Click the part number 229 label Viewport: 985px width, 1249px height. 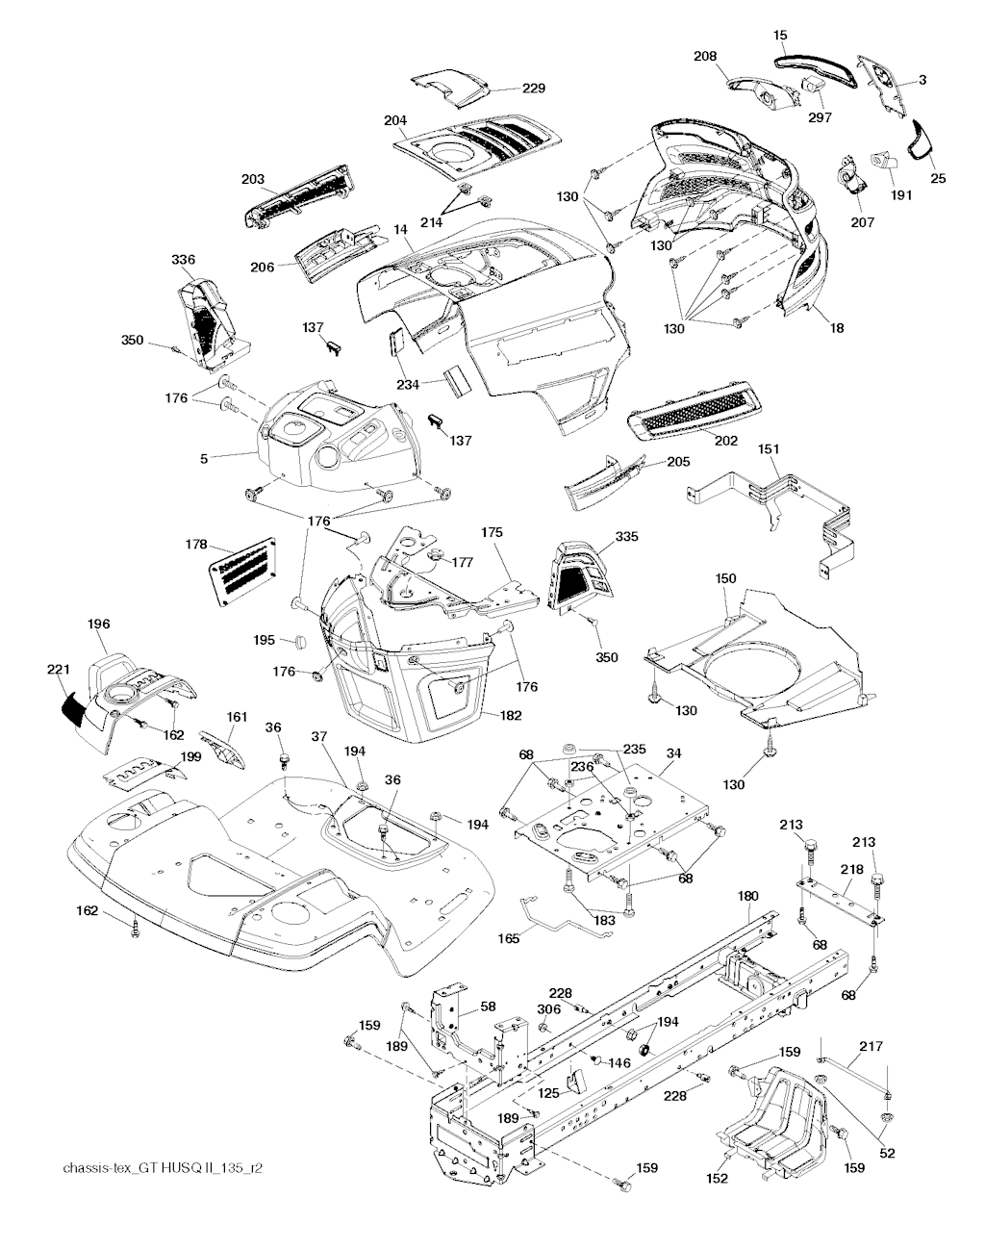534,89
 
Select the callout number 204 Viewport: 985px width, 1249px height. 394,120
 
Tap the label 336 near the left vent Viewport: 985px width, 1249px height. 183,260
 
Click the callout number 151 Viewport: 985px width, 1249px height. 769,449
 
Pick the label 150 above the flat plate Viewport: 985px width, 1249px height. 725,578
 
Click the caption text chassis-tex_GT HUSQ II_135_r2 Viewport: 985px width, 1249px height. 163,1168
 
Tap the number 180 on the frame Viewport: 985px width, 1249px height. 748,896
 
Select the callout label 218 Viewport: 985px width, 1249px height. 851,869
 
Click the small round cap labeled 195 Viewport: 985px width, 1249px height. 297,640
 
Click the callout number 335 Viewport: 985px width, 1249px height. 626,536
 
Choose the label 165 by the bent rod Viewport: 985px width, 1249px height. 509,937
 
